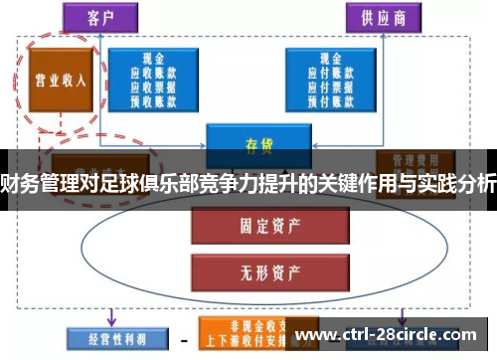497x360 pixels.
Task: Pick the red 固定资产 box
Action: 248,225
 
